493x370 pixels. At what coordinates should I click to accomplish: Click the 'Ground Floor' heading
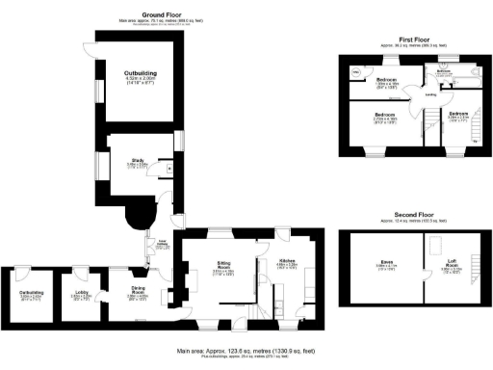[x=165, y=15]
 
